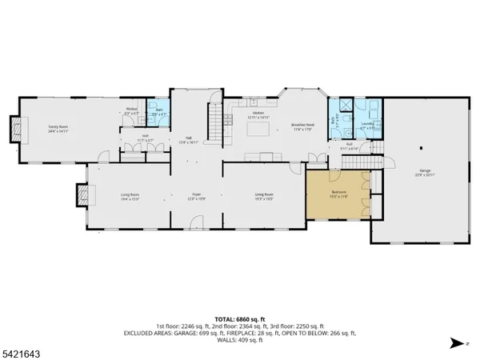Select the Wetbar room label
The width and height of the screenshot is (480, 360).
point(132,111)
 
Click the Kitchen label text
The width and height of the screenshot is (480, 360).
point(258,114)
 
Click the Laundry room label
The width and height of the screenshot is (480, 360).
point(367,125)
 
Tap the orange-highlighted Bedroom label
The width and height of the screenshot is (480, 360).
point(338,194)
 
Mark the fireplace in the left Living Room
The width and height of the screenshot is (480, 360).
point(80,195)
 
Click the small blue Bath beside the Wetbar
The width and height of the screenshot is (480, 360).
point(160,114)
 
